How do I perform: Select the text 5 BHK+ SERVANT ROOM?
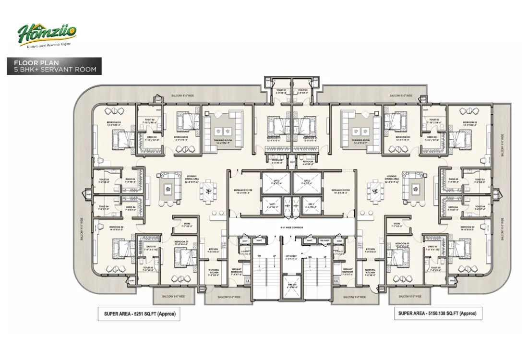55,70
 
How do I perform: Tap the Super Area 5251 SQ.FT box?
139,315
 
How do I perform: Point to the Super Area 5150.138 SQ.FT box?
437,314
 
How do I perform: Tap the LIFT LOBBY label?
291,257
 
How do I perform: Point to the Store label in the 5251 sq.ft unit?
187,224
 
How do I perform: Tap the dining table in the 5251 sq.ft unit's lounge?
208,190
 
